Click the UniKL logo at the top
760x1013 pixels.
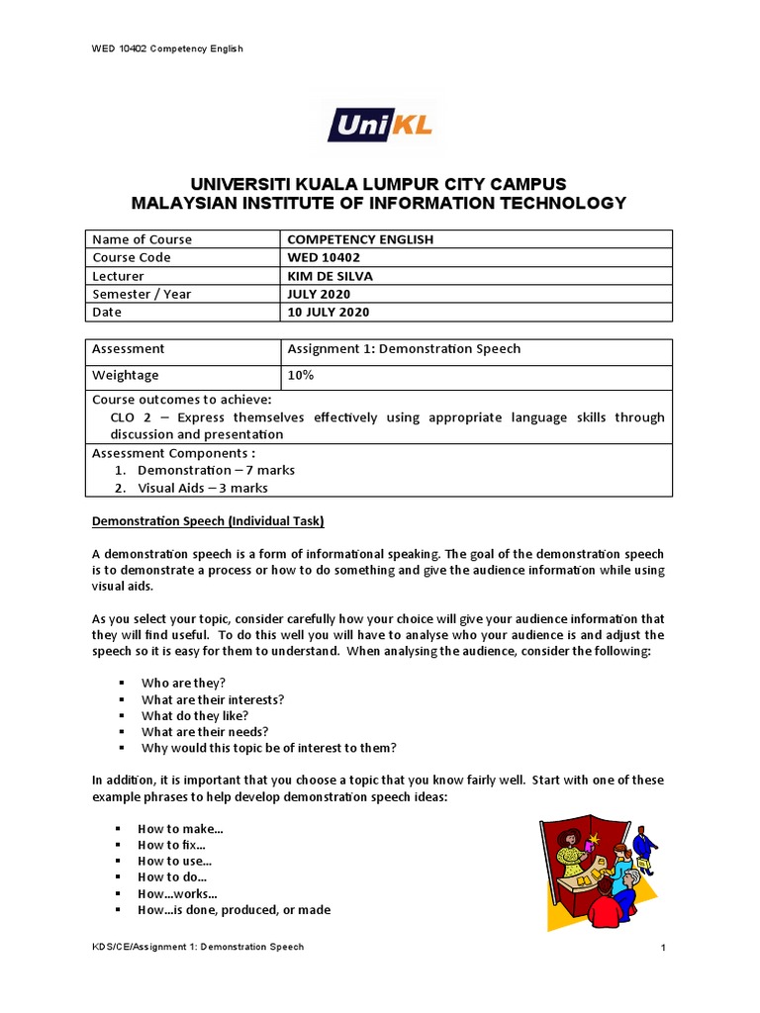click(x=380, y=125)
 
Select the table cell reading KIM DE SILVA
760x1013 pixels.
click(x=329, y=276)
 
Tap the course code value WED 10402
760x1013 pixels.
click(x=324, y=257)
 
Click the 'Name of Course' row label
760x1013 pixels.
click(x=142, y=239)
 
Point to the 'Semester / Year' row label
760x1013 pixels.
click(x=142, y=294)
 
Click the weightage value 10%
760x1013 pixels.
click(x=300, y=375)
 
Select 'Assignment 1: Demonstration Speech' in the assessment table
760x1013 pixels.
click(x=403, y=348)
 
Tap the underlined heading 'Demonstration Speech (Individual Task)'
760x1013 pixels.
click(x=208, y=521)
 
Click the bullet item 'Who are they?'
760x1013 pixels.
click(x=183, y=683)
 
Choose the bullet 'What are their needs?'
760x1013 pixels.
click(x=205, y=731)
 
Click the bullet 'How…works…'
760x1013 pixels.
click(x=177, y=893)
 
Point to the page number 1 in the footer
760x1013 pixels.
click(x=664, y=949)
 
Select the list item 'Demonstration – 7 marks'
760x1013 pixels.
click(x=216, y=470)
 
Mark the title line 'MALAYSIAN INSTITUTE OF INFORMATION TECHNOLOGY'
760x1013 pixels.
click(x=380, y=203)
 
